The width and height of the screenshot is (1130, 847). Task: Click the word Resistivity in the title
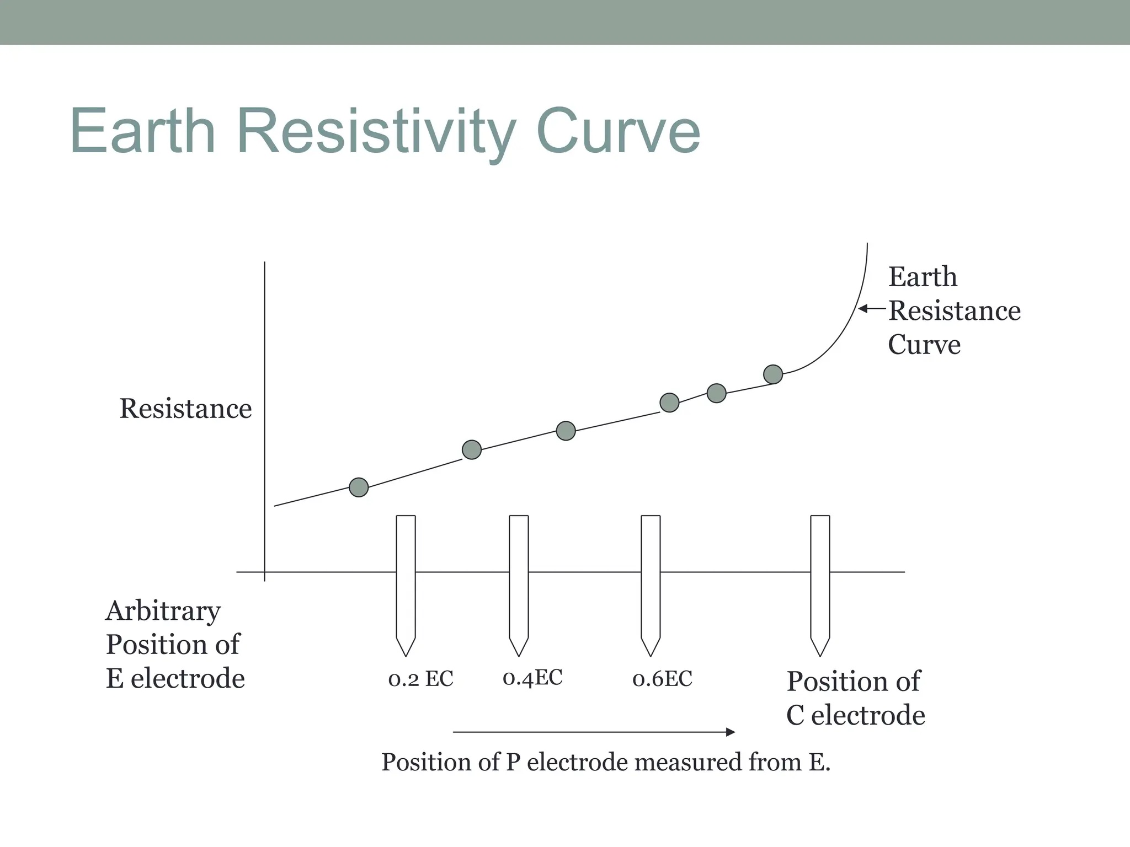tap(376, 132)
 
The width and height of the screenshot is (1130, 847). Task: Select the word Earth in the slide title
tap(142, 132)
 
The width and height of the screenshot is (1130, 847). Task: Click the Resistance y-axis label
tap(185, 409)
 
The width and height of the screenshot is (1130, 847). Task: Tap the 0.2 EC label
tap(420, 679)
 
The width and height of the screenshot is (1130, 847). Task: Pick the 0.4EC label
tap(532, 678)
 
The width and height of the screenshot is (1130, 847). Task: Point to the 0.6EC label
tap(662, 679)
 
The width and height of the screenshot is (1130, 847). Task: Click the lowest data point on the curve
tap(359, 487)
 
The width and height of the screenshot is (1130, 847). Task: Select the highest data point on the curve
tap(773, 374)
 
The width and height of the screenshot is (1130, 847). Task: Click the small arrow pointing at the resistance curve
tap(872, 309)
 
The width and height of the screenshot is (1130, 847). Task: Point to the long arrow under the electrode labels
tap(593, 732)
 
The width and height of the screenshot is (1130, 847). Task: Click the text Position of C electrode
tap(855, 698)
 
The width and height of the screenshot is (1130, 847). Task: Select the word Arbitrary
tap(163, 611)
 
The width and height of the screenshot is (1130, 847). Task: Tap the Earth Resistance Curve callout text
tap(953, 310)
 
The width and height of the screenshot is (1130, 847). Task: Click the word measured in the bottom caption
tap(690, 763)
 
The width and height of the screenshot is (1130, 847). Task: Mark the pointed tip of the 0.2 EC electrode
tap(406, 655)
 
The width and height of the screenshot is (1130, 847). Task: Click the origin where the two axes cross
tap(265, 572)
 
